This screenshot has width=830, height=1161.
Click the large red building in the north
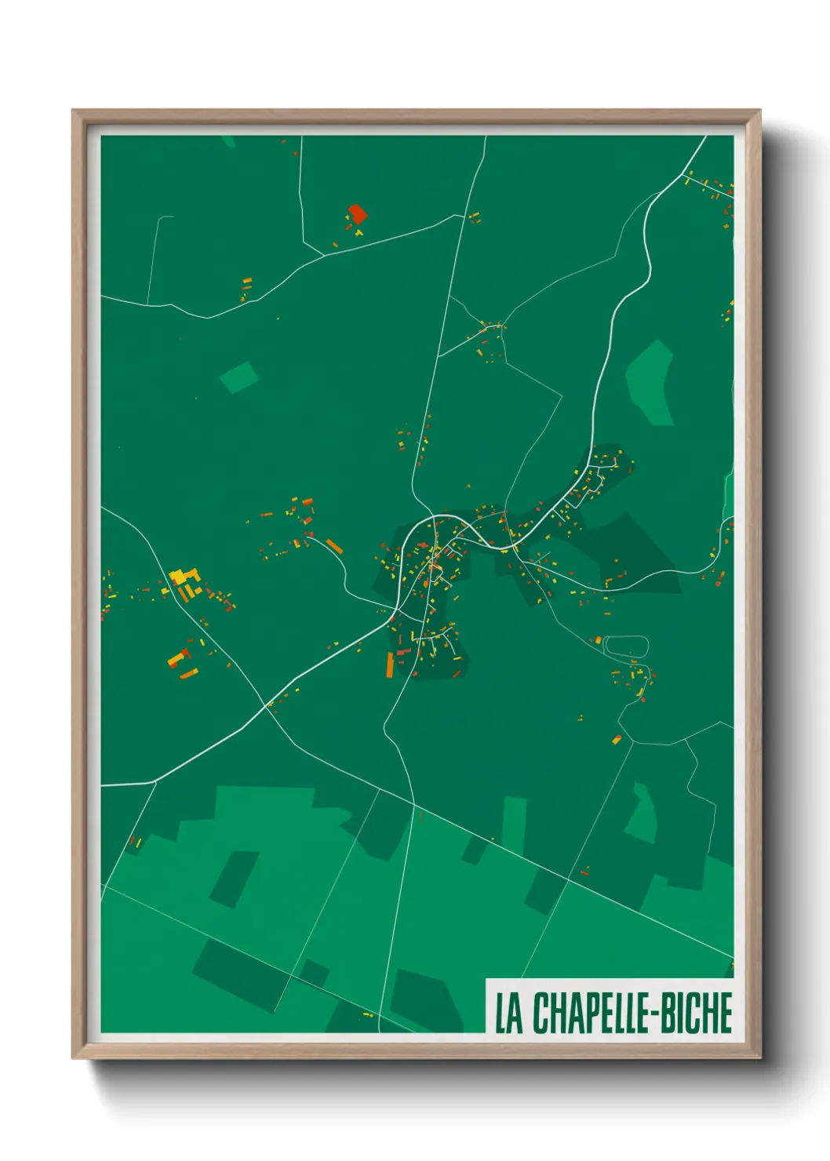pyautogui.click(x=358, y=213)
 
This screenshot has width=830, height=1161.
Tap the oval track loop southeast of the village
pyautogui.click(x=627, y=646)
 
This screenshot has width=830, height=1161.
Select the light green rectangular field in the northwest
pyautogui.click(x=238, y=377)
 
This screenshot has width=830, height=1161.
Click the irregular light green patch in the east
pyautogui.click(x=650, y=382)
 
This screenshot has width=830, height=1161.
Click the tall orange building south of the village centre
pyautogui.click(x=389, y=664)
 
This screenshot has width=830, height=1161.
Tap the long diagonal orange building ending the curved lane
pyautogui.click(x=335, y=546)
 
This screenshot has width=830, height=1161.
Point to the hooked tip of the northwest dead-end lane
pyautogui.click(x=166, y=217)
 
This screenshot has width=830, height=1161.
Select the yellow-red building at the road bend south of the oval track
pyautogui.click(x=617, y=739)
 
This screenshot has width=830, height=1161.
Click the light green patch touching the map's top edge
pyautogui.click(x=228, y=141)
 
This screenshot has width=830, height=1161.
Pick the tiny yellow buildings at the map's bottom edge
pyautogui.click(x=367, y=1015)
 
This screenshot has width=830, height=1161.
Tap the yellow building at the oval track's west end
pyautogui.click(x=599, y=641)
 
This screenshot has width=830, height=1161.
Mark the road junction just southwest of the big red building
pyautogui.click(x=323, y=255)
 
